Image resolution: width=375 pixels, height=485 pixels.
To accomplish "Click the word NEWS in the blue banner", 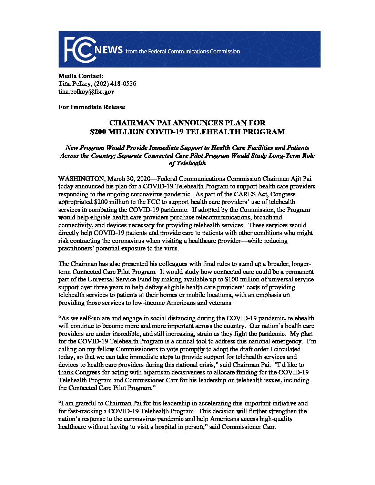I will click(109, 51).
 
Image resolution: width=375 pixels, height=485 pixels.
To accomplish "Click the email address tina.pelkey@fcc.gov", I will click(86, 92).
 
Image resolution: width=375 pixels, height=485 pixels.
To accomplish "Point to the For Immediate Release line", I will click(92, 107).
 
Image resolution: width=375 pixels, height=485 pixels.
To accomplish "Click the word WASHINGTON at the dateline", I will click(81, 179).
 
